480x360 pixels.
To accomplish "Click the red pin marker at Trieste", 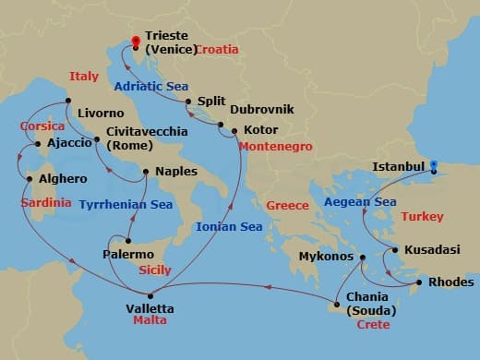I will click(x=137, y=42).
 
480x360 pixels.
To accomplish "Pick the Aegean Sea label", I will click(x=360, y=200).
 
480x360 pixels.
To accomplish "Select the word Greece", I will click(x=287, y=205).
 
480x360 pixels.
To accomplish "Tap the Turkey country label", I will click(x=423, y=217).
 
